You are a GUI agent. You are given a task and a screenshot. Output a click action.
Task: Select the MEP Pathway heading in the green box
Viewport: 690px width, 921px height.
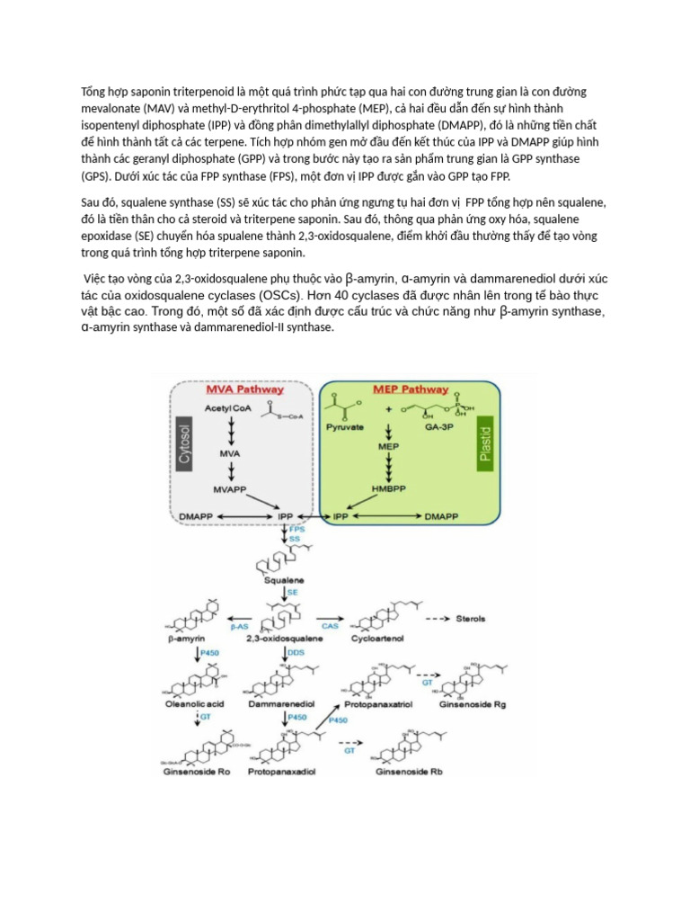pyautogui.click(x=410, y=390)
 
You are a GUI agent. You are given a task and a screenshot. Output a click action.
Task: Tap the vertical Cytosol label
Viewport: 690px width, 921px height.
pyautogui.click(x=185, y=443)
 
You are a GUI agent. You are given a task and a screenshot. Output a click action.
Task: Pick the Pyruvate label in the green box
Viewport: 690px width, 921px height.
pyautogui.click(x=345, y=427)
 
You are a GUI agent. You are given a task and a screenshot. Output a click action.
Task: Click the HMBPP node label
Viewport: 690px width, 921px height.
pyautogui.click(x=388, y=488)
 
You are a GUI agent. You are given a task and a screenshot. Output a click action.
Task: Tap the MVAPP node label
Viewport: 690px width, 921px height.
pyautogui.click(x=231, y=489)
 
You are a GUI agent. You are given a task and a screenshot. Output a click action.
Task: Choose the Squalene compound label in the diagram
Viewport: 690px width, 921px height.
pyautogui.click(x=284, y=581)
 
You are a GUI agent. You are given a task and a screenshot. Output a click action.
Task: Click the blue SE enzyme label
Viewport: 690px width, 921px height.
pyautogui.click(x=292, y=595)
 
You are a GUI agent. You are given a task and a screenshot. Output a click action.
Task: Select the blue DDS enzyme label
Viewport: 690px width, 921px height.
pyautogui.click(x=295, y=651)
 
